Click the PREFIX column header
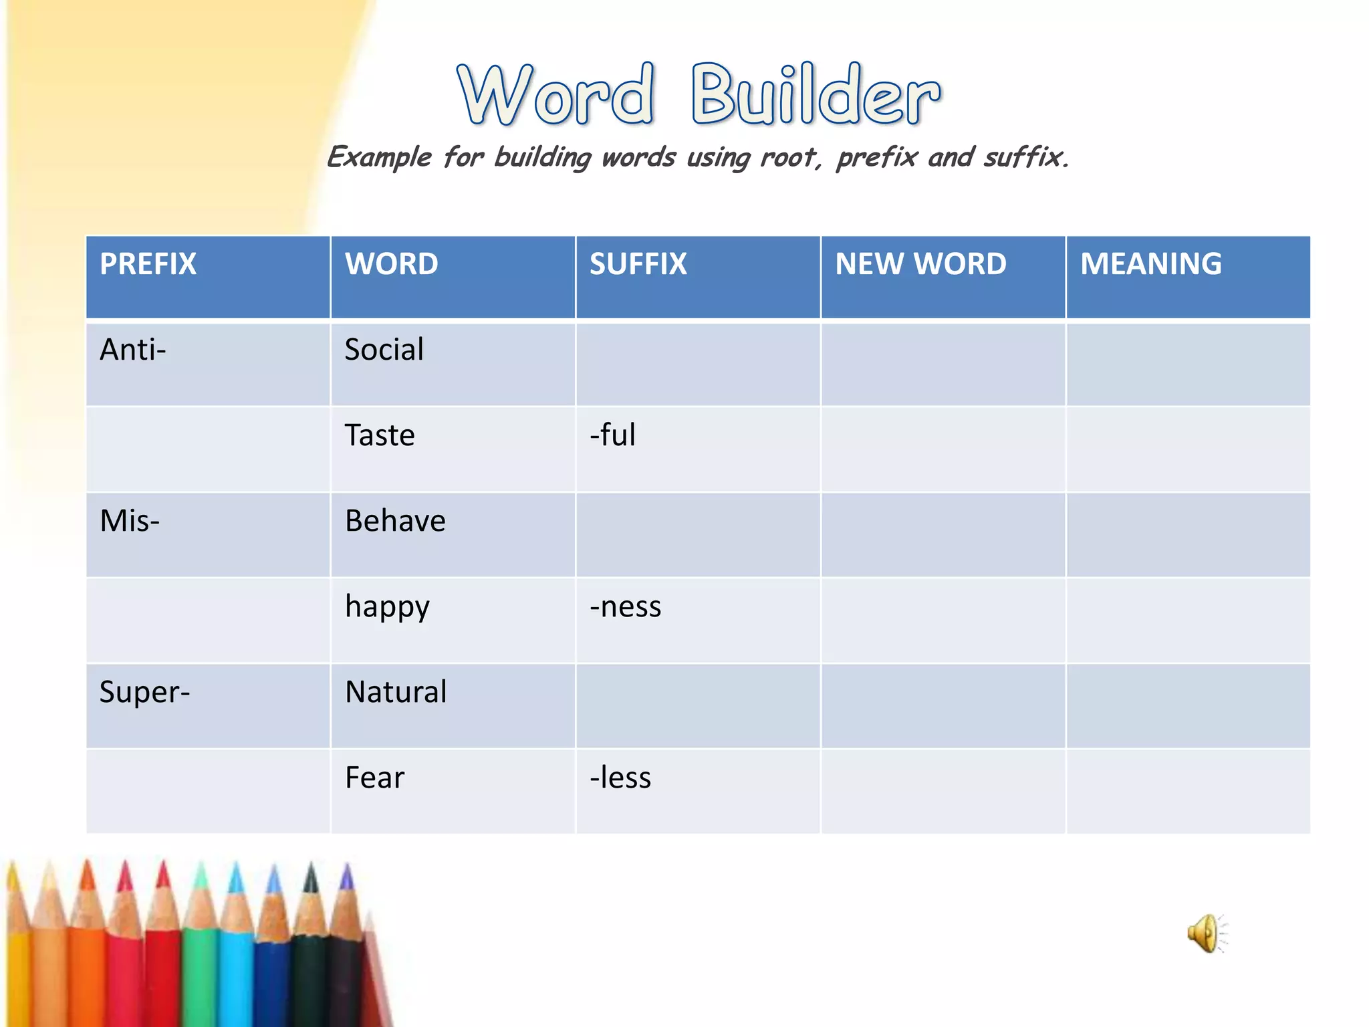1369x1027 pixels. [x=148, y=264]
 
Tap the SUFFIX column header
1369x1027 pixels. [x=638, y=264]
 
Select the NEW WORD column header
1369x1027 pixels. [x=920, y=264]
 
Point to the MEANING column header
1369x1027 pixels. [x=1150, y=264]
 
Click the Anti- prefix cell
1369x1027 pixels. [x=132, y=350]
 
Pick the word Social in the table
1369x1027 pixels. [x=384, y=350]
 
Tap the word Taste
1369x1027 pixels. [x=380, y=435]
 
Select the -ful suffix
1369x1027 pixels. [x=612, y=435]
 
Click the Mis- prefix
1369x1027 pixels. [x=130, y=521]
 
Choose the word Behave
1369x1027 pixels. [x=395, y=521]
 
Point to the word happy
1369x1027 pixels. [x=387, y=607]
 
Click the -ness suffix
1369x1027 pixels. [x=625, y=607]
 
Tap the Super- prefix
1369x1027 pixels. [x=144, y=692]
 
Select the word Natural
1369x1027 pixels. [x=396, y=692]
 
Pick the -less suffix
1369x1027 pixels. [x=620, y=778]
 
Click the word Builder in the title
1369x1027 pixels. [x=816, y=95]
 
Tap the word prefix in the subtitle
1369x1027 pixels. [x=876, y=158]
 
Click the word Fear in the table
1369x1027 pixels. [x=374, y=778]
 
